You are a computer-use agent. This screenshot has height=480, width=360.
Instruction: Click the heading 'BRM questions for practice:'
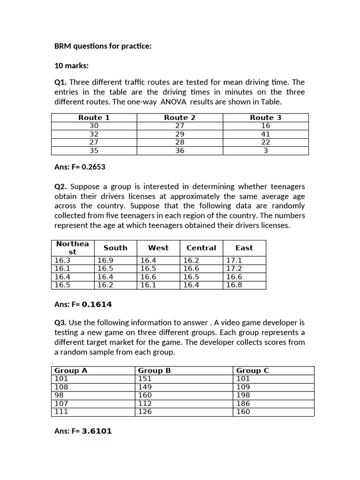[103, 46]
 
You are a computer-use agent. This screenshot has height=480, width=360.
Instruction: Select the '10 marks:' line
[71, 66]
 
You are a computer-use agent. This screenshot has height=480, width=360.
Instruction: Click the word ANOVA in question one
[174, 102]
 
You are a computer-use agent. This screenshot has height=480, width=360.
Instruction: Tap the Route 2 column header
[180, 118]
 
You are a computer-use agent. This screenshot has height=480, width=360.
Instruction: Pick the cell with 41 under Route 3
[265, 134]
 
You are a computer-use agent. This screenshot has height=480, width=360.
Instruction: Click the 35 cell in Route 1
[94, 150]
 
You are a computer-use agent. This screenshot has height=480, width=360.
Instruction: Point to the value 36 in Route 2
[180, 150]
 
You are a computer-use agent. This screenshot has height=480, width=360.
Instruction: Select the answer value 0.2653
[97, 166]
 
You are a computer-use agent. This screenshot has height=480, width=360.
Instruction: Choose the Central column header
[201, 248]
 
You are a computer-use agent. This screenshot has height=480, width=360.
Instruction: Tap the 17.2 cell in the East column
[234, 268]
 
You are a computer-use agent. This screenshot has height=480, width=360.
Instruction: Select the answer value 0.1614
[97, 304]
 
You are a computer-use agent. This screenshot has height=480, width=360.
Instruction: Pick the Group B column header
[154, 370]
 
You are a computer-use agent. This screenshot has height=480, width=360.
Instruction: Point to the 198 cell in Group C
[243, 395]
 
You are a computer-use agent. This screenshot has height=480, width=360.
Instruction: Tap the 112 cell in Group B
[145, 403]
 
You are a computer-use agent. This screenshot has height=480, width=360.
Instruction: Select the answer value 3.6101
[97, 431]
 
